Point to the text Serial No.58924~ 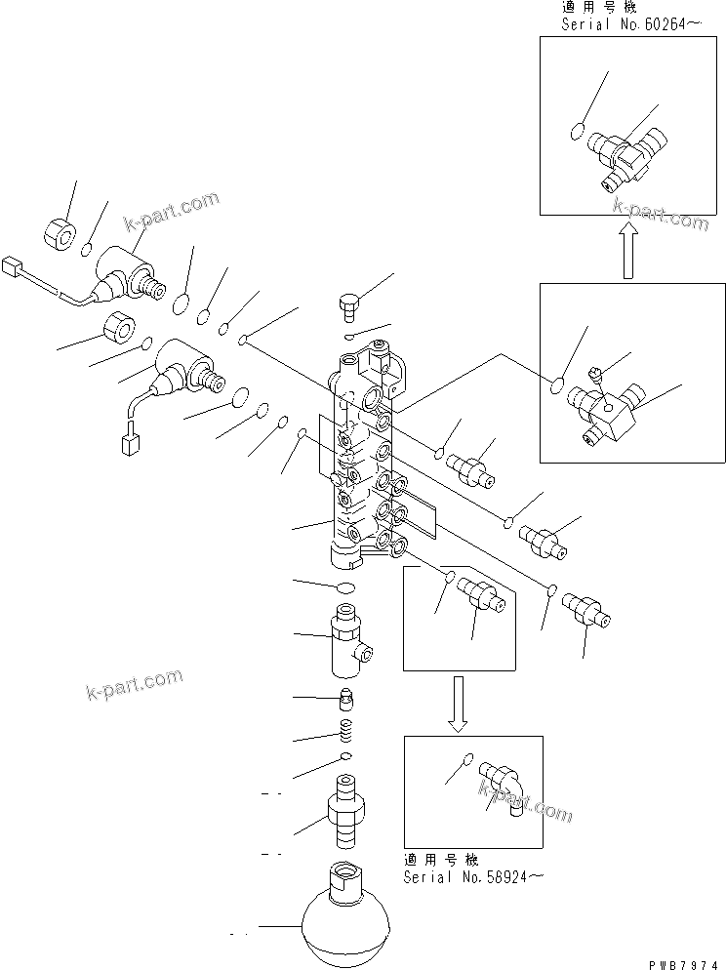[472, 876]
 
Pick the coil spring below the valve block [343, 729]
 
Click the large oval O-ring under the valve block [343, 587]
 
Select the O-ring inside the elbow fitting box [467, 759]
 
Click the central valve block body [361, 459]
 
